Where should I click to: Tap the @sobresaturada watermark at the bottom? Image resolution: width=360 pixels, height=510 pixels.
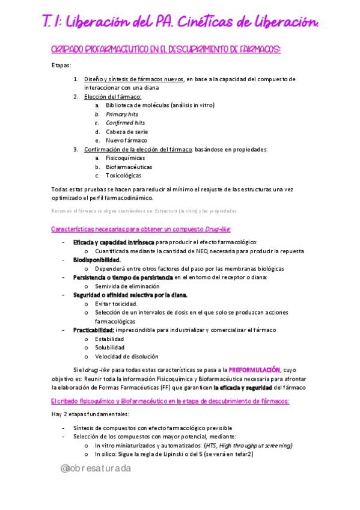coord(96,468)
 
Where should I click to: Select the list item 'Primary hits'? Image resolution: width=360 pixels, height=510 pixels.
coord(122,114)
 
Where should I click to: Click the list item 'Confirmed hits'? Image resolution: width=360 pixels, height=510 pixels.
coord(125,123)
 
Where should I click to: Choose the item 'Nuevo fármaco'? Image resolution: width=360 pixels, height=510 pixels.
coord(126,140)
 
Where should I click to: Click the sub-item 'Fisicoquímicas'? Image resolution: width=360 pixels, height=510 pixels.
coord(126,158)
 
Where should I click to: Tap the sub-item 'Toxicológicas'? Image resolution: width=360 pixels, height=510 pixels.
coord(124,176)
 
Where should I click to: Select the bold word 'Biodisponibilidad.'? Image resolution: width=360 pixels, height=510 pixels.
coord(97,260)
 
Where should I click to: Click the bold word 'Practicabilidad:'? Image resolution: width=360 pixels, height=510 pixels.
coord(93,330)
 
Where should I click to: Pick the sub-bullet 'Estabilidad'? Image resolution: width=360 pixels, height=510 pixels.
coord(110,339)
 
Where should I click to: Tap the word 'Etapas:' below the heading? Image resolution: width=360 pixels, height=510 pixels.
coord(61,65)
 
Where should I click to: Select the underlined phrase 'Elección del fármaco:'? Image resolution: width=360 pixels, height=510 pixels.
coord(113,96)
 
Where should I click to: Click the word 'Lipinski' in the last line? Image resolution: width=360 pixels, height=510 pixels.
coord(177,453)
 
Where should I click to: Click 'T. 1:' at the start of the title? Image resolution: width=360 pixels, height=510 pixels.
coord(53,22)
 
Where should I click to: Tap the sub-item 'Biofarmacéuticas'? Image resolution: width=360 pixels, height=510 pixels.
coord(129,167)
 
